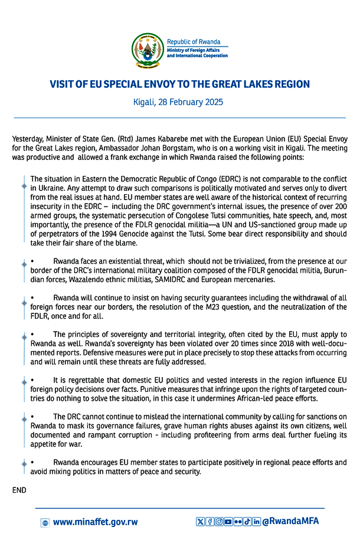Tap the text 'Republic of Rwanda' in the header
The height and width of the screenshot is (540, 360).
pyautogui.click(x=194, y=42)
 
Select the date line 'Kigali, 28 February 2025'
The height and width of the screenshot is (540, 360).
pyautogui.click(x=180, y=102)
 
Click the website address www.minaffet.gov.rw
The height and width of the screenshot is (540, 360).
pyautogui.click(x=95, y=522)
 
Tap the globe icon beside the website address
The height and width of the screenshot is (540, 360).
pyautogui.click(x=45, y=522)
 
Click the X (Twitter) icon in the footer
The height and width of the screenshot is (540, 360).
pyautogui.click(x=200, y=522)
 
